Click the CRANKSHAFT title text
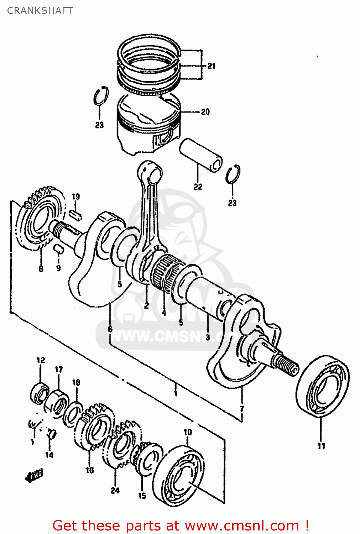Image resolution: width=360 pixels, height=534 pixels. pyautogui.click(x=40, y=11)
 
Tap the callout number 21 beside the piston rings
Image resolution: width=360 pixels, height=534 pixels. pyautogui.click(x=212, y=66)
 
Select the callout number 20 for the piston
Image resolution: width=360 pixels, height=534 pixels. pyautogui.click(x=205, y=112)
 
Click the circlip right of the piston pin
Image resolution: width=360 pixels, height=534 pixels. pyautogui.click(x=233, y=174)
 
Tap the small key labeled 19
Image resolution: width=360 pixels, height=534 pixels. pyautogui.click(x=76, y=214)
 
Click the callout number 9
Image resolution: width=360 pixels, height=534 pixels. pyautogui.click(x=58, y=268)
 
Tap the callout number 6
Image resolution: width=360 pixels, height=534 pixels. pyautogui.click(x=110, y=329)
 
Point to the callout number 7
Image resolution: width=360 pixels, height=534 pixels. pyautogui.click(x=242, y=408)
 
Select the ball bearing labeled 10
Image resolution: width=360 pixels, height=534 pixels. pyautogui.click(x=180, y=475)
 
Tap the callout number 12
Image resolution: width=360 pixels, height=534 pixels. pyautogui.click(x=41, y=360)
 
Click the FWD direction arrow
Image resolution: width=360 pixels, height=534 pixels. pyautogui.click(x=34, y=475)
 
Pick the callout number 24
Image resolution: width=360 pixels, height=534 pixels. pyautogui.click(x=115, y=491)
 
